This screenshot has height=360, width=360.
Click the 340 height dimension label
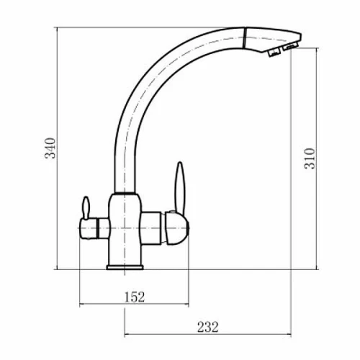[50, 148]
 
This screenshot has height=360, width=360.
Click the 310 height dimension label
[309, 158]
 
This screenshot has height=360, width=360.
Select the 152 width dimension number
[135, 297]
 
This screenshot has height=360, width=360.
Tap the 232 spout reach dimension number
[208, 327]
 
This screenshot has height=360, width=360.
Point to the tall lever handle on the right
[179, 187]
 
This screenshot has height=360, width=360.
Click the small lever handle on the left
[86, 207]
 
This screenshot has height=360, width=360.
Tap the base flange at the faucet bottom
[125, 267]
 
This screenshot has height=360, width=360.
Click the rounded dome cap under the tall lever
[177, 228]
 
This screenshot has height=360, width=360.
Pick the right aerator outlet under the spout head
[290, 46]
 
